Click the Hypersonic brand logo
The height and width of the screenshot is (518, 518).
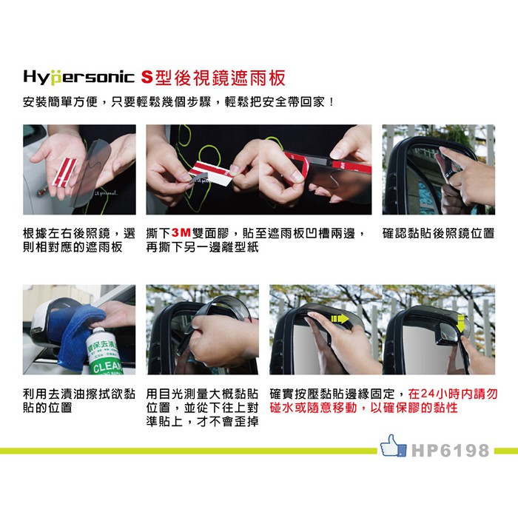pyautogui.click(x=78, y=78)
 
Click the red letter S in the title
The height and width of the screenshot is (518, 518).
pyautogui.click(x=147, y=78)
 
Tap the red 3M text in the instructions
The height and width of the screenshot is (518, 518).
pyautogui.click(x=181, y=234)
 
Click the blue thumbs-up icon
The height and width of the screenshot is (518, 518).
pyautogui.click(x=393, y=445)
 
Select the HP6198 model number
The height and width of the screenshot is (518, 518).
pyautogui.click(x=450, y=450)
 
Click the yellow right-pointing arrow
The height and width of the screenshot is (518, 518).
pyautogui.click(x=340, y=318)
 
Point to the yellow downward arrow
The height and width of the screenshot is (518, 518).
pyautogui.click(x=460, y=323)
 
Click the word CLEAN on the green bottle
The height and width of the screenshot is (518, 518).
pyautogui.click(x=108, y=366)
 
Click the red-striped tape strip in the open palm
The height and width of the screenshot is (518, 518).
pyautogui.click(x=65, y=172)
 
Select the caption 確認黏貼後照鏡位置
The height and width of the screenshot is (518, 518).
pyautogui.click(x=438, y=233)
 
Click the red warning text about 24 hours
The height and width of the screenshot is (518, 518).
pyautogui.click(x=383, y=401)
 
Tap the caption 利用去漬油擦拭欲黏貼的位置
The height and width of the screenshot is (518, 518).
pyautogui.click(x=79, y=401)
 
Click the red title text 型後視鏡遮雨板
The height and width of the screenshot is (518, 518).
pyautogui.click(x=221, y=78)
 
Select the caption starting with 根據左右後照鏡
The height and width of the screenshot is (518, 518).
pyautogui.click(x=79, y=240)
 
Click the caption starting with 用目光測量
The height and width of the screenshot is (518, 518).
pyautogui.click(x=202, y=408)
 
